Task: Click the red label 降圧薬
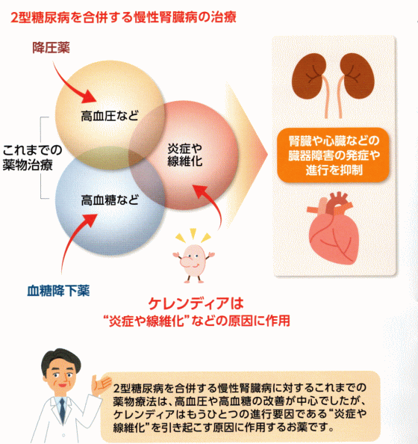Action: pos(51,47)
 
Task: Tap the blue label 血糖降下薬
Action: pos(58,291)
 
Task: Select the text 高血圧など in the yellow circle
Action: pos(110,116)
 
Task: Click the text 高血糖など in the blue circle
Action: pos(110,200)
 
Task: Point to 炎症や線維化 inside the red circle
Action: pos(184,155)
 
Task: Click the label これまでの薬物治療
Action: pos(32,157)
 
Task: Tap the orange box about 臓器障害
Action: pos(334,155)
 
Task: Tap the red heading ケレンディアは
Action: pos(196,303)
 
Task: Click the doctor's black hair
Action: pos(60,359)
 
